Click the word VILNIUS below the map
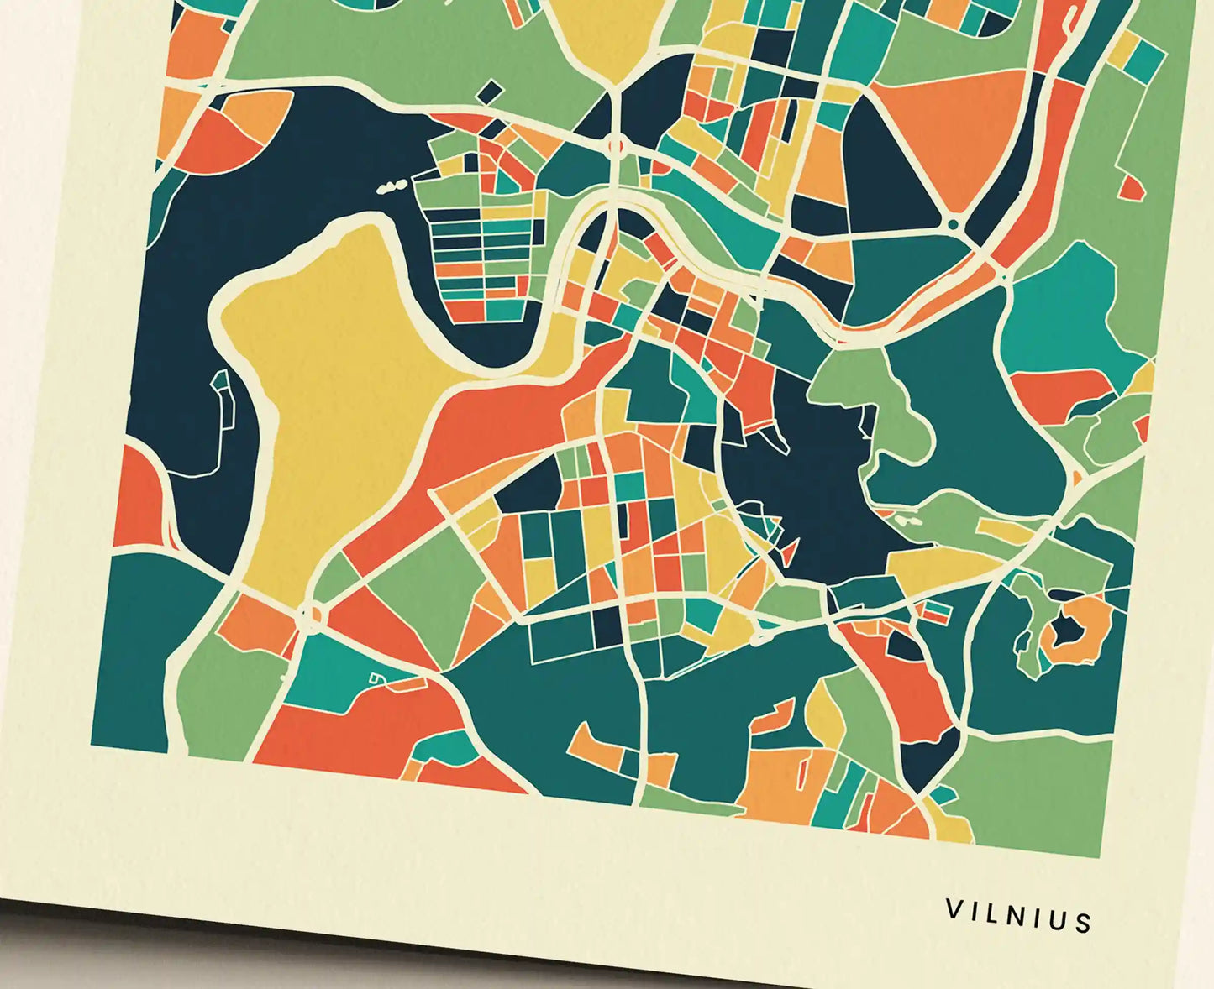coord(1018,916)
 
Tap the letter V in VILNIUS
coord(953,908)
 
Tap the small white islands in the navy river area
coord(392,186)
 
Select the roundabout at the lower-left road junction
coord(311,615)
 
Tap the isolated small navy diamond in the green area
coord(491,90)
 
